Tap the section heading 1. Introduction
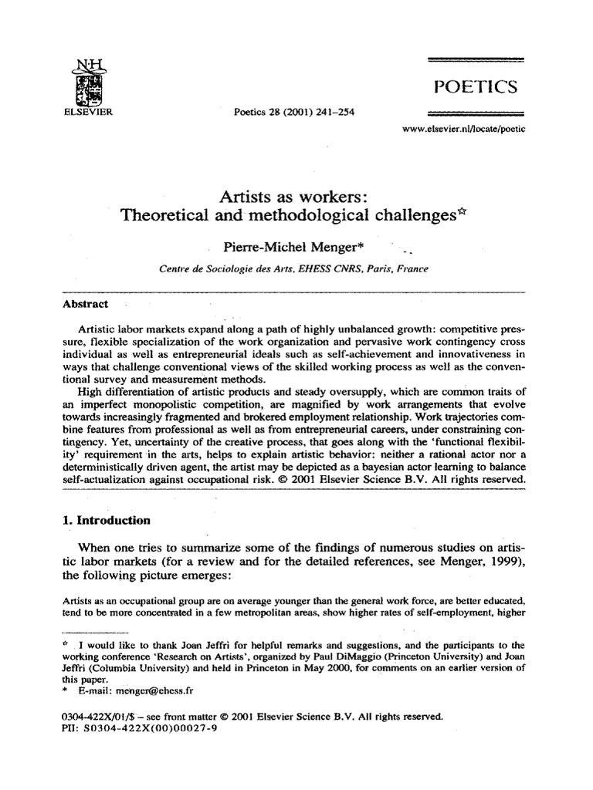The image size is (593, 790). tap(107, 520)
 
